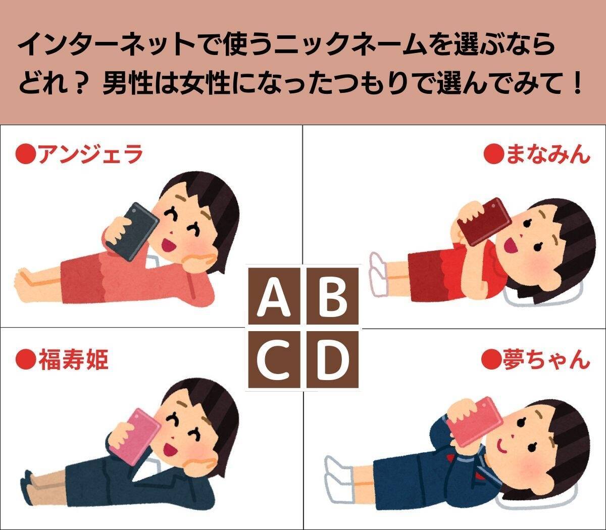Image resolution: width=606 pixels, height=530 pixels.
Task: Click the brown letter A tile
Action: (274, 296)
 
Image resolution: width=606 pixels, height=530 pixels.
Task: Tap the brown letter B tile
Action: (332, 296)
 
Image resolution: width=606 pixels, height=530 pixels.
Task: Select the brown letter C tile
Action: (274, 359)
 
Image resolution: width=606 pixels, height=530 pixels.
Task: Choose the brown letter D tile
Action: (332, 359)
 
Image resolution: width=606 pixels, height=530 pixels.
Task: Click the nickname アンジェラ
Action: (90, 154)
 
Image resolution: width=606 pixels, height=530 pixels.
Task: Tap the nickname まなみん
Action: (548, 154)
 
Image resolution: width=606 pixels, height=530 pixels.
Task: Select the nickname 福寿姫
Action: (73, 359)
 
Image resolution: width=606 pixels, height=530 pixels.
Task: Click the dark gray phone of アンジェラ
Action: (132, 231)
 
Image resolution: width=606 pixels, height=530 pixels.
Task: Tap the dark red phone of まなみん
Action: (485, 222)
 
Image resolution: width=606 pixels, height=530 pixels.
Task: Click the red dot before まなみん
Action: (494, 154)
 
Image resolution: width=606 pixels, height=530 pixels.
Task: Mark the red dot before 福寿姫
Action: (25, 359)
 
